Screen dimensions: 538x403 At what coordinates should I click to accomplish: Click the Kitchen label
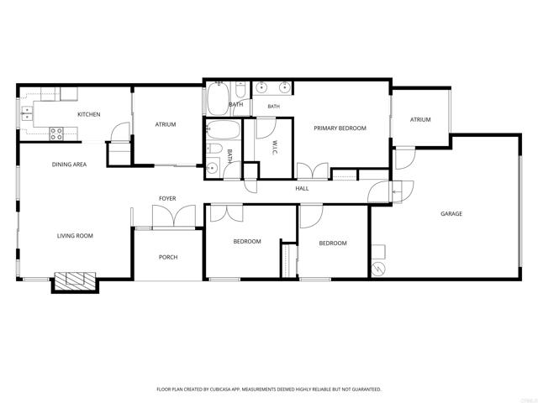click(89, 114)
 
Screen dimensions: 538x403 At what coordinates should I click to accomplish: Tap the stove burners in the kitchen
click(56, 133)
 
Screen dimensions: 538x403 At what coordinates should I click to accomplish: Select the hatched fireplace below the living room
click(75, 281)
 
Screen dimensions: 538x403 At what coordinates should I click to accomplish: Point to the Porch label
click(168, 258)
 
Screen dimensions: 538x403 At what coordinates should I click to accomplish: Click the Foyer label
click(167, 198)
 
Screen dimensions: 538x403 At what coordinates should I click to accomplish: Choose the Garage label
click(451, 214)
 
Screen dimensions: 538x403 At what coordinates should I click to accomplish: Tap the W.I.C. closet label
click(275, 147)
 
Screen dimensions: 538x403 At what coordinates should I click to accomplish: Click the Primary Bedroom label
click(340, 128)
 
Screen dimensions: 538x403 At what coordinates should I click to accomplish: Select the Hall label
click(302, 188)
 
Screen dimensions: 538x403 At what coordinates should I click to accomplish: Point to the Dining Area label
click(69, 165)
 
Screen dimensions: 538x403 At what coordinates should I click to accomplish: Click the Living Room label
click(75, 236)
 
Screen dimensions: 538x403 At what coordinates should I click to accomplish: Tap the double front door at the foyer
click(174, 217)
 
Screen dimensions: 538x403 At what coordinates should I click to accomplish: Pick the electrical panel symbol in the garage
click(378, 270)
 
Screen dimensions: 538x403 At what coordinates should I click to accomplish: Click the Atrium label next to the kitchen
click(166, 124)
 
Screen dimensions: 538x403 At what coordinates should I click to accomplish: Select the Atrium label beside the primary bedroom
click(420, 119)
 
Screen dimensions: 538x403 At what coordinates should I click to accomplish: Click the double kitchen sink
click(27, 113)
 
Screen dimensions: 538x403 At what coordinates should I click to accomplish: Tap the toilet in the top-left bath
click(240, 89)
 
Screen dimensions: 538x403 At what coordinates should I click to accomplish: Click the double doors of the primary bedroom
click(312, 170)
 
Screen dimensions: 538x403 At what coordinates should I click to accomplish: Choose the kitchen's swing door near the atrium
click(121, 132)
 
